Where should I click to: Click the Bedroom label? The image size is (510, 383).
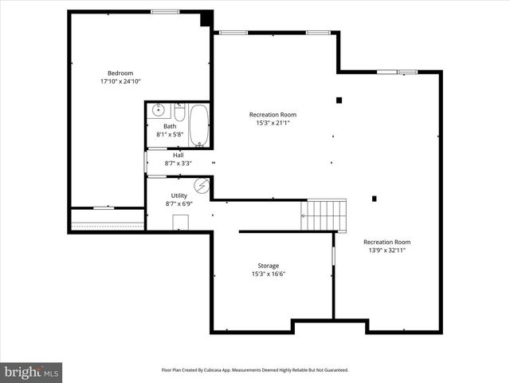point(120,73)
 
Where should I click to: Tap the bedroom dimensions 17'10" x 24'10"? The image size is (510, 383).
point(120,81)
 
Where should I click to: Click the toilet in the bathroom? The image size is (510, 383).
point(179,113)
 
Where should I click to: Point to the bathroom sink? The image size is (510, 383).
point(158,110)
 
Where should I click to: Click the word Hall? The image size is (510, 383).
point(178,155)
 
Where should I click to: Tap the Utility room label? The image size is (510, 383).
point(179,195)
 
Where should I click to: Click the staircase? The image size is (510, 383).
point(324,215)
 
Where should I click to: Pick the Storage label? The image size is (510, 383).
point(268,266)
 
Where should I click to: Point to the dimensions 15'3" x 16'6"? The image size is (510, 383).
point(268,274)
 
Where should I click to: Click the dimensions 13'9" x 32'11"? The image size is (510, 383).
point(387,251)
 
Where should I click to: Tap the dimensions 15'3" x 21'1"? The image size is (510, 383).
point(273,123)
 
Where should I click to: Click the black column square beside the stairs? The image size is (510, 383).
point(374,199)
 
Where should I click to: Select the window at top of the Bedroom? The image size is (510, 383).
point(165,11)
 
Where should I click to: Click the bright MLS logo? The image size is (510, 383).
point(32,371)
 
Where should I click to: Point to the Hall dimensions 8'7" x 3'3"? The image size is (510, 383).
point(178,164)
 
